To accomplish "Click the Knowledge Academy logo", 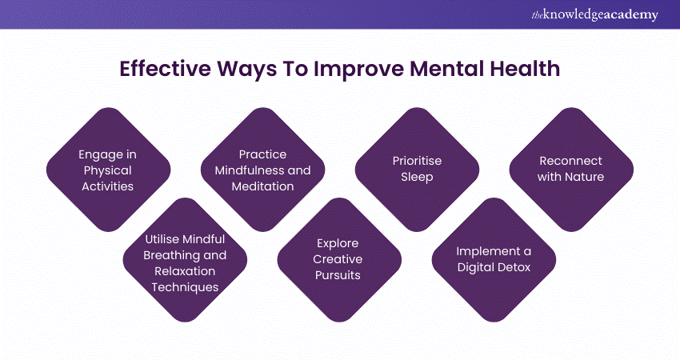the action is [594, 14].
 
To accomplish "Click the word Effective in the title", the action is [165, 69].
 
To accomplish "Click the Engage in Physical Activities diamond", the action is [109, 170].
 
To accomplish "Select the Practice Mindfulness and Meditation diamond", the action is [263, 170].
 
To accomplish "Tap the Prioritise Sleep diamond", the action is [417, 170].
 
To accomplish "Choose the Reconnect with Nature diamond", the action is [571, 170].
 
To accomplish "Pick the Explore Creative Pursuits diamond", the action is [339, 260].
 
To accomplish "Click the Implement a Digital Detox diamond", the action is [494, 260].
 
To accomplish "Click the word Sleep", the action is [417, 178].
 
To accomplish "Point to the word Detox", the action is [514, 267].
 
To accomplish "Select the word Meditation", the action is [263, 186].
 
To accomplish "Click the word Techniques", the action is [185, 287].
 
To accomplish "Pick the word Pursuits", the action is [338, 275].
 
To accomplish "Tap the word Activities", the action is [107, 186].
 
